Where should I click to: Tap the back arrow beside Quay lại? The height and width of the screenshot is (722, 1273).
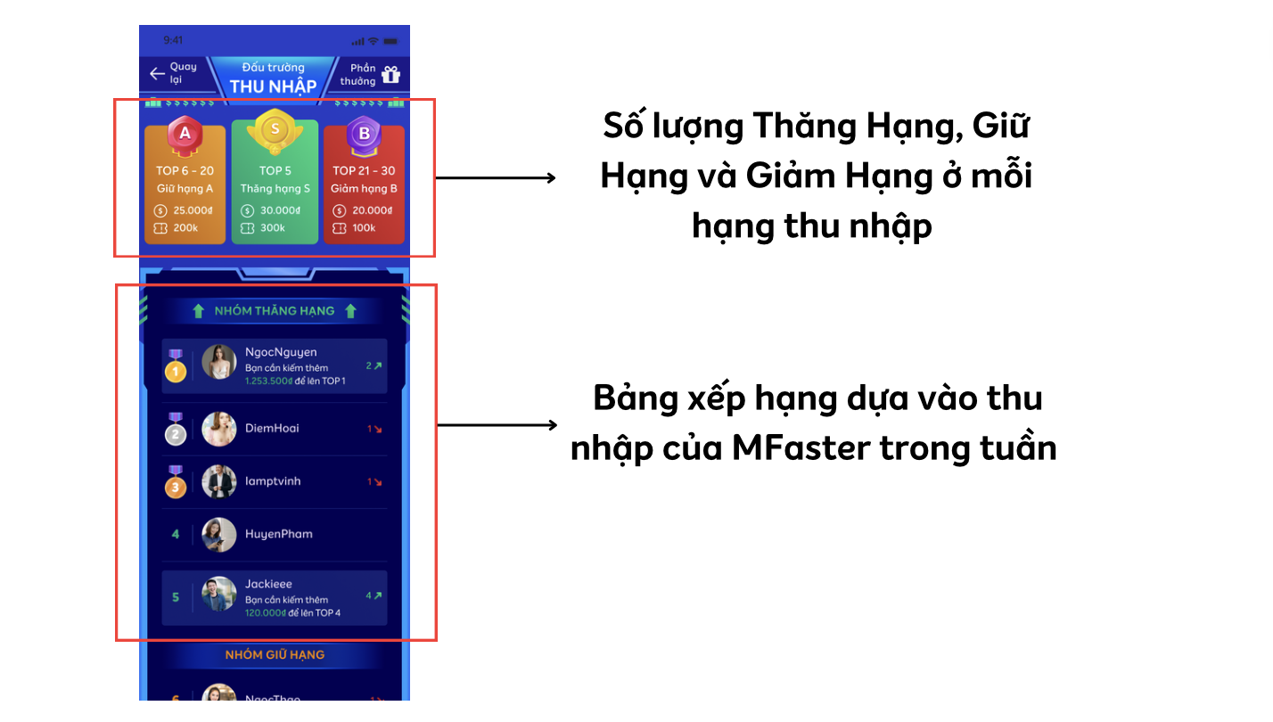pyautogui.click(x=157, y=73)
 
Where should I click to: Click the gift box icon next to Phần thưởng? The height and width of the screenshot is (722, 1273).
pyautogui.click(x=391, y=74)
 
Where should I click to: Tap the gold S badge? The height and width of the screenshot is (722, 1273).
pyautogui.click(x=275, y=132)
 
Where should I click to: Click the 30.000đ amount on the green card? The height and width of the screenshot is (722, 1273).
pyautogui.click(x=280, y=210)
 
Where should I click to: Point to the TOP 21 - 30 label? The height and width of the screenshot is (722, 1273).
pyautogui.click(x=364, y=170)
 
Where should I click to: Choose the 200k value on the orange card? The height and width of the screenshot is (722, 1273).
pyautogui.click(x=185, y=228)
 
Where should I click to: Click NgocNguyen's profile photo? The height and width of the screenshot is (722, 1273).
pyautogui.click(x=218, y=362)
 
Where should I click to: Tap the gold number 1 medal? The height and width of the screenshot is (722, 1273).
pyautogui.click(x=176, y=366)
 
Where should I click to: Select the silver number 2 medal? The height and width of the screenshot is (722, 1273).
pyautogui.click(x=176, y=430)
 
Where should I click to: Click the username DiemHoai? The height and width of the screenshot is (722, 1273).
pyautogui.click(x=272, y=429)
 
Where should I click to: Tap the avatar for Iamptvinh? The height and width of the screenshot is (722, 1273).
pyautogui.click(x=218, y=481)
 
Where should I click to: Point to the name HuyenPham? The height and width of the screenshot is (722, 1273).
pyautogui.click(x=278, y=534)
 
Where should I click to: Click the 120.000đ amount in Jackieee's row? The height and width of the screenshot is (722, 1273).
pyautogui.click(x=266, y=613)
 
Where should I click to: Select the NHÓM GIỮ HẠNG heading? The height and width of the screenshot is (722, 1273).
pyautogui.click(x=275, y=655)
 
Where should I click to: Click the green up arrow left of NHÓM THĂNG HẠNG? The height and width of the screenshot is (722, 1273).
pyautogui.click(x=198, y=311)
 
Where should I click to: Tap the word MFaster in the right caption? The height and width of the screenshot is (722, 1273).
pyautogui.click(x=801, y=447)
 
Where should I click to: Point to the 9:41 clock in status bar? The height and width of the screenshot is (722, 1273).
pyautogui.click(x=173, y=40)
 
